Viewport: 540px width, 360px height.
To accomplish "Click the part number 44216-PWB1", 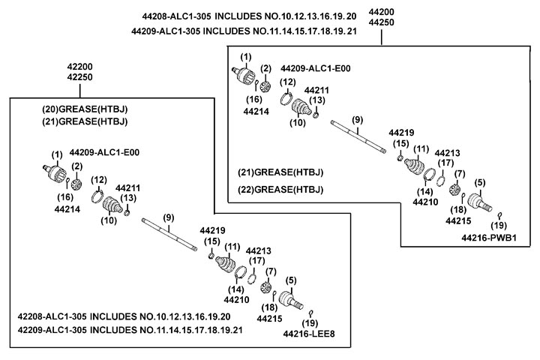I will (495, 238).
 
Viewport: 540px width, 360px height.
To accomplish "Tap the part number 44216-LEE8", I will (309, 334).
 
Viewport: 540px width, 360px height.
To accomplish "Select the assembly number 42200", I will (79, 66).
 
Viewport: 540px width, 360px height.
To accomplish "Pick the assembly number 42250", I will (79, 77).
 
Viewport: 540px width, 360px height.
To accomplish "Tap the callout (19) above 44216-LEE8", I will (311, 313).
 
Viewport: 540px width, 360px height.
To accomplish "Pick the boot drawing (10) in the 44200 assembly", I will (301, 109).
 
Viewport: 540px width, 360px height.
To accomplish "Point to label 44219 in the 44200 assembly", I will (401, 132).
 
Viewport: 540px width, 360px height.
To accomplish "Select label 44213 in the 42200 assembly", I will (259, 250).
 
